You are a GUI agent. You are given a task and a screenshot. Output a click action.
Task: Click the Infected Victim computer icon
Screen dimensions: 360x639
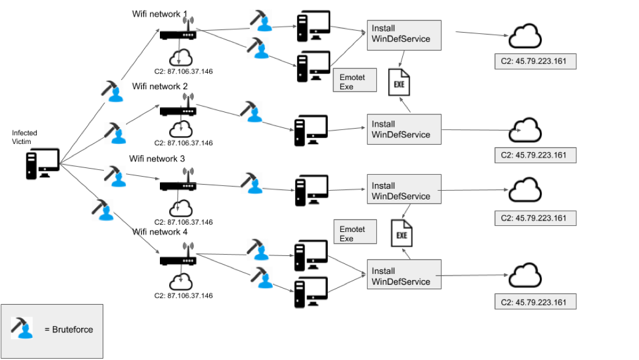[x=42, y=163]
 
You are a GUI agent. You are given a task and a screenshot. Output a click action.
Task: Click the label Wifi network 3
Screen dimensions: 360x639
[x=157, y=159]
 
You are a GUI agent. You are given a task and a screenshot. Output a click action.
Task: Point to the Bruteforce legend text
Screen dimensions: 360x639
[x=69, y=330]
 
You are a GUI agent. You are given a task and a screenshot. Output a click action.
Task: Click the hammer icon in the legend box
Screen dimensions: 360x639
[x=22, y=327]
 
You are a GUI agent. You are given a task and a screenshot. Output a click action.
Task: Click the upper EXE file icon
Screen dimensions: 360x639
[x=399, y=83]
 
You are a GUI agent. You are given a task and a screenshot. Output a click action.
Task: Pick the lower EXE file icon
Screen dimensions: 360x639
[x=402, y=234]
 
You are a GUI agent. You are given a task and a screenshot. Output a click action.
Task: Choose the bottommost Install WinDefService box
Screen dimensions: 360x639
[x=404, y=276]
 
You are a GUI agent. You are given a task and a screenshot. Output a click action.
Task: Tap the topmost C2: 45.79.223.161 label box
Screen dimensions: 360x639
[x=535, y=62]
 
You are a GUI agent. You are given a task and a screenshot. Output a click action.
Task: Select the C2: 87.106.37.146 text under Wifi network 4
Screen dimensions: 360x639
[x=183, y=296]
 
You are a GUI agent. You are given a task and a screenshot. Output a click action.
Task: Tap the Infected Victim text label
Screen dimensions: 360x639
[x=25, y=137]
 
